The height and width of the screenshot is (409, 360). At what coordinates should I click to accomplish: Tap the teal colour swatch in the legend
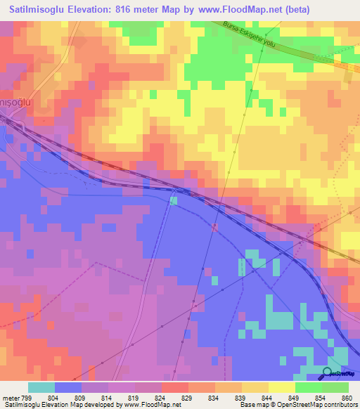(41, 387)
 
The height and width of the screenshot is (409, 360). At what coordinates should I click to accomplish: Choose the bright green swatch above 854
(309, 387)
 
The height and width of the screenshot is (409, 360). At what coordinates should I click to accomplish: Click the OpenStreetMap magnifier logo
(328, 374)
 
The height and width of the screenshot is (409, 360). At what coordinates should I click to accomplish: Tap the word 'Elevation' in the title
(95, 9)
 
